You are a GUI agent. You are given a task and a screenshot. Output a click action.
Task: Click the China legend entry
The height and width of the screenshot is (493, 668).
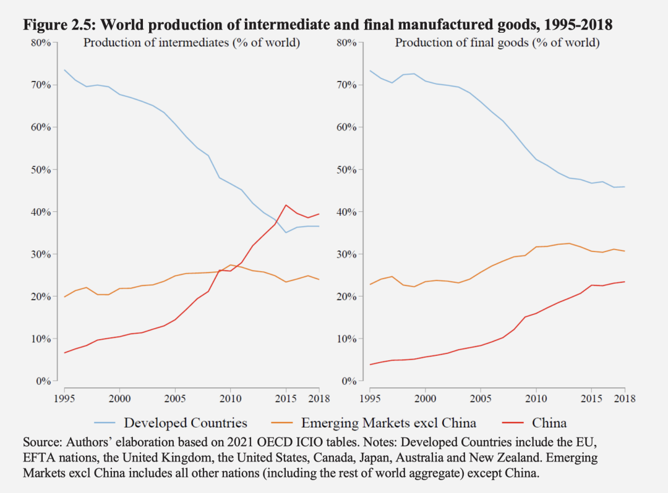pyautogui.click(x=549, y=423)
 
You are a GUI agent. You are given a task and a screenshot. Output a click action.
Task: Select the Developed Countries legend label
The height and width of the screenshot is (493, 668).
pyautogui.click(x=186, y=423)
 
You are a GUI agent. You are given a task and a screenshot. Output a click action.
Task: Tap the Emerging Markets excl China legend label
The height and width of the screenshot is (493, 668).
pyautogui.click(x=388, y=423)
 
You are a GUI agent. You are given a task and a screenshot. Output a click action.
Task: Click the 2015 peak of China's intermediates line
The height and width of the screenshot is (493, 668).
pyautogui.click(x=285, y=204)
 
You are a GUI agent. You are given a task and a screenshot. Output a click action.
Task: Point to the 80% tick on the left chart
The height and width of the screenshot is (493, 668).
pyautogui.click(x=41, y=43)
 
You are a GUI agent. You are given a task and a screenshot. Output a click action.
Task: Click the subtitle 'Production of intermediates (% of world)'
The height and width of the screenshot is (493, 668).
pyautogui.click(x=192, y=43)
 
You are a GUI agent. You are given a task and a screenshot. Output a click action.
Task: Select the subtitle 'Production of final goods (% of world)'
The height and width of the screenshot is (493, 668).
pyautogui.click(x=497, y=43)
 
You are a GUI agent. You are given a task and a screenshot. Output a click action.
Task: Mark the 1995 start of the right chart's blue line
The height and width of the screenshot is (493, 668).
pyautogui.click(x=370, y=70)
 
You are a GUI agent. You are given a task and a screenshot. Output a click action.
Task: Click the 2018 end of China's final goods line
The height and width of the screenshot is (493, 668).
pyautogui.click(x=625, y=282)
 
